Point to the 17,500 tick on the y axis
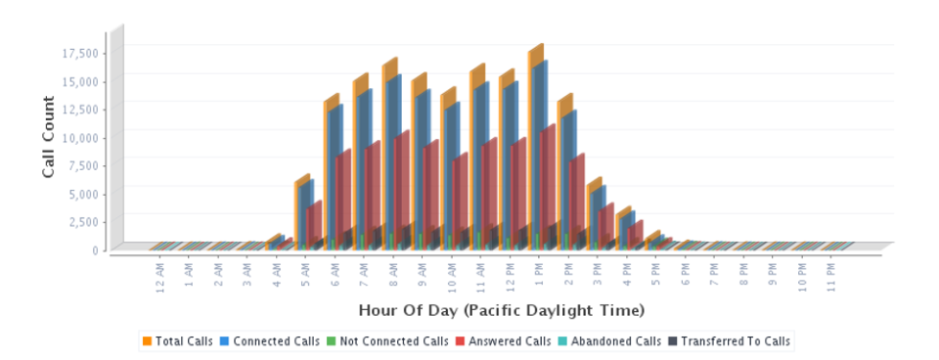pos(79,52)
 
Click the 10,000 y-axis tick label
pos(79,136)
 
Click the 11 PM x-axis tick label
pos(831,273)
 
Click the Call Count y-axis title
pos(48,136)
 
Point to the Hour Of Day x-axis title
pos(502,311)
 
